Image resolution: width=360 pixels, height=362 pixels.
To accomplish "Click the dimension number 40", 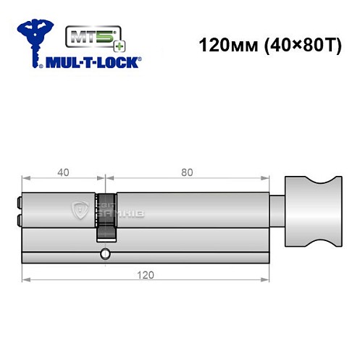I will pos(64,172).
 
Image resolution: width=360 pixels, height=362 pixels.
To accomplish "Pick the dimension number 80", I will pos(187,172).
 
